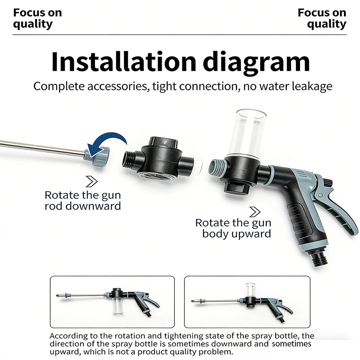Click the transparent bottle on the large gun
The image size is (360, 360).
(247, 134)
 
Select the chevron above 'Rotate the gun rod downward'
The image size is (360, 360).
(91, 181)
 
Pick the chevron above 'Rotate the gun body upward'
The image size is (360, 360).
(255, 212)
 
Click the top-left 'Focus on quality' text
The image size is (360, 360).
(37, 18)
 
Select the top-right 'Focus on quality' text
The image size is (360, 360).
(322, 18)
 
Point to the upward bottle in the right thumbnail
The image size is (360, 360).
(250, 289)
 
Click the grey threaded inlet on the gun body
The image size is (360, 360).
(216, 168)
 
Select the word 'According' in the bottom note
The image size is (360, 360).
(68, 336)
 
